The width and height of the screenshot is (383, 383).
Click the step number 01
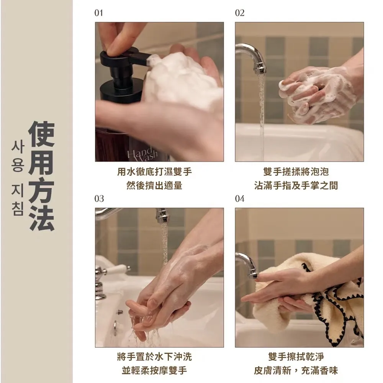99,13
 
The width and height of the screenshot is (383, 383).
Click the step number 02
239,13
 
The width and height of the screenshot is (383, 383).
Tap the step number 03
99,198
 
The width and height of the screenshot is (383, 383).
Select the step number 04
239,198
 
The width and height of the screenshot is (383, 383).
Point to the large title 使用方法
41,176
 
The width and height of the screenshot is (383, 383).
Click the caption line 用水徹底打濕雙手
154,172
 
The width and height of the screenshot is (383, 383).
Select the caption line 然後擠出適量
154,185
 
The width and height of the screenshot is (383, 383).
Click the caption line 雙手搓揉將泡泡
296,172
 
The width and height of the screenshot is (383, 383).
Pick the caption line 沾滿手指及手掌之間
296,185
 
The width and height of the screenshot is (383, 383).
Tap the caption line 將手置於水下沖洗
154,357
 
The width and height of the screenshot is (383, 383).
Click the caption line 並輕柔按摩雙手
154,370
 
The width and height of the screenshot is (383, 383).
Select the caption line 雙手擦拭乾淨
296,357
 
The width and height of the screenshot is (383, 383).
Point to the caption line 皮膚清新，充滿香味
296,370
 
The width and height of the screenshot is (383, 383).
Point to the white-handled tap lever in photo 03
117,269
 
